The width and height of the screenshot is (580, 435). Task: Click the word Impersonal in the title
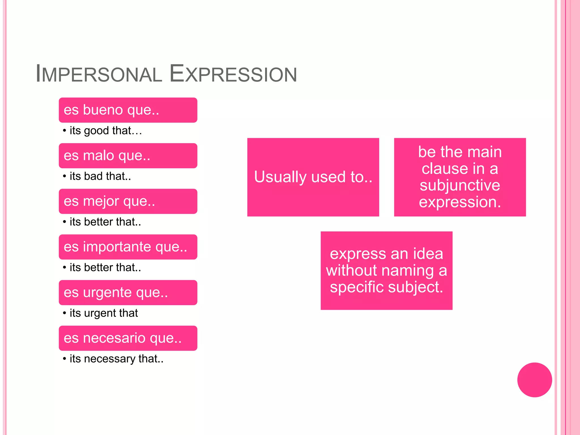point(99,74)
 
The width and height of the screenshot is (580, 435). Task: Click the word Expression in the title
point(233,74)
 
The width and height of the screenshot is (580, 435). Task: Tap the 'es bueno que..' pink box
point(128,110)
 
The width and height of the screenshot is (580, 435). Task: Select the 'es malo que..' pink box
point(128,156)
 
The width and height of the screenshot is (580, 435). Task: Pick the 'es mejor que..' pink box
point(128,201)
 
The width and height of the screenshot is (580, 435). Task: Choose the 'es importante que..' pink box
point(128,247)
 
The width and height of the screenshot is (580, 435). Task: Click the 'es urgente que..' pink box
point(128,293)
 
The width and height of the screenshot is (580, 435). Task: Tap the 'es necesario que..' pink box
point(128,338)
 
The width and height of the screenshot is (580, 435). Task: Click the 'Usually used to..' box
point(313,177)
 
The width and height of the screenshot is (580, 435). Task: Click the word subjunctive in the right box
point(460,185)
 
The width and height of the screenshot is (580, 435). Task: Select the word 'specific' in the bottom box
point(357,287)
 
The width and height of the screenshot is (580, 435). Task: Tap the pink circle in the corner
point(534,380)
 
